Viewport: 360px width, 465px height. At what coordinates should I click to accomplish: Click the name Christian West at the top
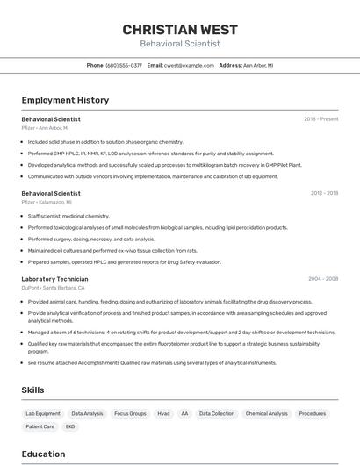point(180,29)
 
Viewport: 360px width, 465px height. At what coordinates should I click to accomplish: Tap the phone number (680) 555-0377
point(124,65)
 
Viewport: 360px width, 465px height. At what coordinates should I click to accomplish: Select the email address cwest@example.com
point(189,65)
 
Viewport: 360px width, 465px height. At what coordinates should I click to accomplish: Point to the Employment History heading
point(65,100)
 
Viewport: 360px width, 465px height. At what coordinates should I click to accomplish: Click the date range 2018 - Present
point(320,118)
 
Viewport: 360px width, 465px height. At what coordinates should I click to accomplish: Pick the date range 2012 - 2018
point(324,193)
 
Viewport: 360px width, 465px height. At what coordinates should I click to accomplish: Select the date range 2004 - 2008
point(322,279)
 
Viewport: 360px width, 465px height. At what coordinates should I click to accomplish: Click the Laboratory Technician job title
point(54,279)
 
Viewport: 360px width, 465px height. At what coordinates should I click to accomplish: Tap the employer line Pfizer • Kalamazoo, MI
point(47,202)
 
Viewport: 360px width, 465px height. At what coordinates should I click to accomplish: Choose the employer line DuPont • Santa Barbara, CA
point(53,288)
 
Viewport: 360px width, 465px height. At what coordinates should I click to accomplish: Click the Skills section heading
point(33,390)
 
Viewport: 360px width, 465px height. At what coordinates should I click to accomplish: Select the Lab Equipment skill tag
point(43,413)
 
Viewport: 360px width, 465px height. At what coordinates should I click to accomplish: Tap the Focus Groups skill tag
point(130,413)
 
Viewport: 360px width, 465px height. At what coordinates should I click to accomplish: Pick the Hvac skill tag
point(163,413)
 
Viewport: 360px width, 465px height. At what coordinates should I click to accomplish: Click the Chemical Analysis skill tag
point(266,413)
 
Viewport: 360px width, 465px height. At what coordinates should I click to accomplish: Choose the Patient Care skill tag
point(40,426)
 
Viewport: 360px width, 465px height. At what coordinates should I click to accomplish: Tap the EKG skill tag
point(70,426)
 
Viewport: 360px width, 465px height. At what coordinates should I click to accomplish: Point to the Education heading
point(43,454)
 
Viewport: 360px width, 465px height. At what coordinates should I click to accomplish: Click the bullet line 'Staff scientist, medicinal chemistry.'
point(68,216)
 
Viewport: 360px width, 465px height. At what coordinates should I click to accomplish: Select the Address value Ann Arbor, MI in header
point(258,65)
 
